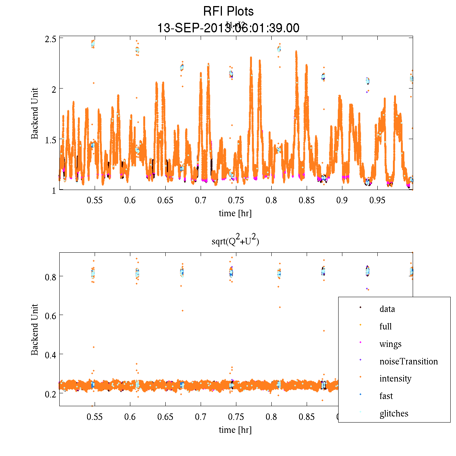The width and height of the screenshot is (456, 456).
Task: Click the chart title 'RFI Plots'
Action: pyautogui.click(x=228, y=11)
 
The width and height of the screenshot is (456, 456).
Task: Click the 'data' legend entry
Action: pyautogui.click(x=387, y=309)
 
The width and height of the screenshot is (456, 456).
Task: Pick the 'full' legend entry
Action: pyautogui.click(x=385, y=326)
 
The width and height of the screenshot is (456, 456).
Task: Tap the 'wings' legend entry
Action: pyautogui.click(x=390, y=344)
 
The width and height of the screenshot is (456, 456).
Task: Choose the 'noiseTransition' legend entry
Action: pyautogui.click(x=408, y=361)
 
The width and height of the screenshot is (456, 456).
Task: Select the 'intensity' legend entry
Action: pyautogui.click(x=395, y=378)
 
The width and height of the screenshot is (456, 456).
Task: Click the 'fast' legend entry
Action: pyautogui.click(x=386, y=396)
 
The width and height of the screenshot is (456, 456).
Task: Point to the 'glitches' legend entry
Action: pyautogui.click(x=394, y=413)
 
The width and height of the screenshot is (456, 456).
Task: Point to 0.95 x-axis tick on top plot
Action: pyautogui.click(x=377, y=200)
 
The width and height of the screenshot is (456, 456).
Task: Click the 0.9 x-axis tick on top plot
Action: pyautogui.click(x=342, y=200)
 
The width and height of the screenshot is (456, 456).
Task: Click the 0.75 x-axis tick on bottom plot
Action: pyautogui.click(x=236, y=417)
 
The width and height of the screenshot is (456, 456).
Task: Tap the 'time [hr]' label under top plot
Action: pyautogui.click(x=235, y=213)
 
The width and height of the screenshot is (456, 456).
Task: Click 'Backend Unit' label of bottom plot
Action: pyautogui.click(x=35, y=329)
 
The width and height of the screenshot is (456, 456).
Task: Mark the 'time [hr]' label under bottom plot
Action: pyautogui.click(x=235, y=430)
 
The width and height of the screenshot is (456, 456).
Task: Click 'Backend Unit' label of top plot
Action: pyautogui.click(x=35, y=113)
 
